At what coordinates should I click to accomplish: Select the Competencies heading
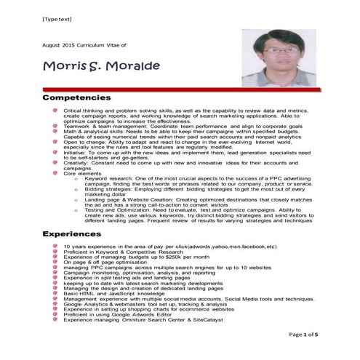pos(76,97)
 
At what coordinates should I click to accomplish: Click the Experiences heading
pos(72,235)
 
